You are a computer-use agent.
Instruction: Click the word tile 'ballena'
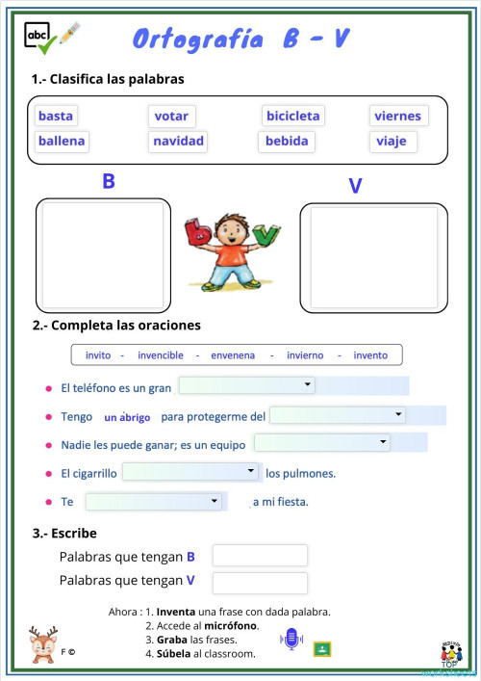click(62, 142)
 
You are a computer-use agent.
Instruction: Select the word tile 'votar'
click(171, 117)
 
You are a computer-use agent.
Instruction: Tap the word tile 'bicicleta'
click(292, 117)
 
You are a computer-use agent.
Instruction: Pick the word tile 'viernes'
click(397, 117)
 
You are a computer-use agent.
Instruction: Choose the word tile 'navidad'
click(178, 142)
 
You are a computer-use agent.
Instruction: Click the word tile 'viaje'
click(392, 142)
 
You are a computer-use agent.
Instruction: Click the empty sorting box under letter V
click(373, 257)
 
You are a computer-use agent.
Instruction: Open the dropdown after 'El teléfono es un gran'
click(247, 385)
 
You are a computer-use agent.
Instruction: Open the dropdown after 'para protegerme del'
click(338, 415)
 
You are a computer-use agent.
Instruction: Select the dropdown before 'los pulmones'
click(190, 472)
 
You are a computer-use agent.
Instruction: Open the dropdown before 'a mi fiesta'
click(154, 502)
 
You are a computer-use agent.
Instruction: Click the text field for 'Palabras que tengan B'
click(260, 556)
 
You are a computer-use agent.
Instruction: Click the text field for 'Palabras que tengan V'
click(260, 583)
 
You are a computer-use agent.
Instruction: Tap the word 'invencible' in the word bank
click(161, 355)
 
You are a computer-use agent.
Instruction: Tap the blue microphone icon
click(290, 638)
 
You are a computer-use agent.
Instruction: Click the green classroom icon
click(322, 647)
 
